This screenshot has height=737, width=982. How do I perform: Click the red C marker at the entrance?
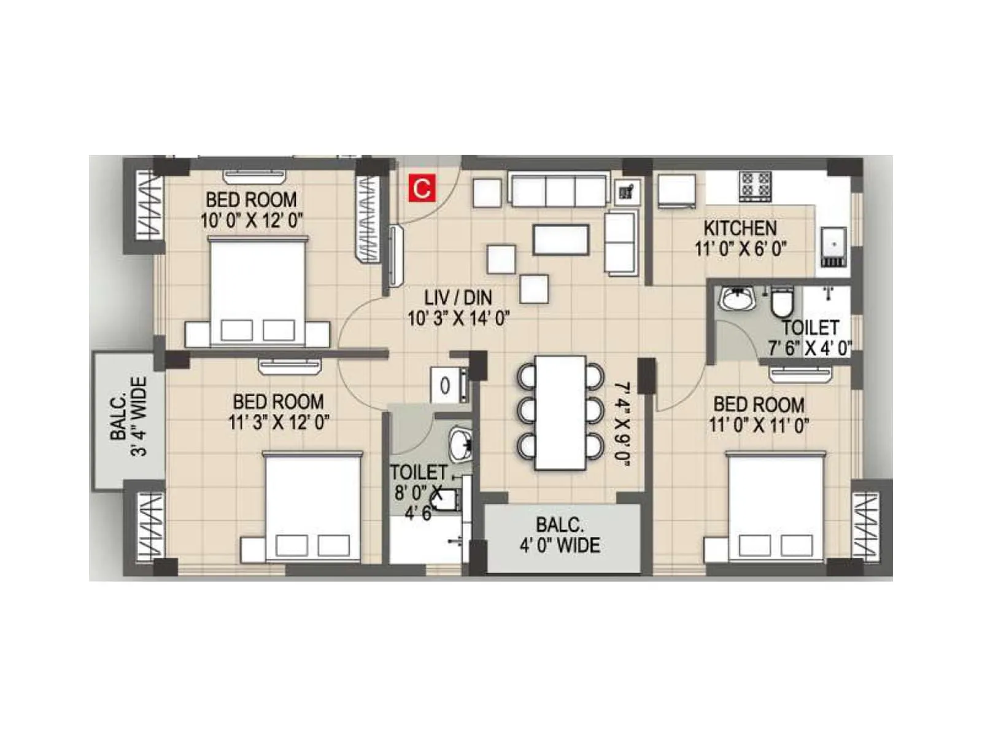[x=422, y=188]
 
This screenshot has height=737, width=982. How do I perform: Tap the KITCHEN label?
[x=740, y=228]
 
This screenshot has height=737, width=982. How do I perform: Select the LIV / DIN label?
[x=458, y=298]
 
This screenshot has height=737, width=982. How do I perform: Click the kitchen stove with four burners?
[x=756, y=185]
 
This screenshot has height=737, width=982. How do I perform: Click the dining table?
[x=560, y=413]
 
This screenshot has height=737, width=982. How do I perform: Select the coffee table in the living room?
[x=561, y=240]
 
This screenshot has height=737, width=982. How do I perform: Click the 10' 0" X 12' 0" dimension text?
[x=252, y=220]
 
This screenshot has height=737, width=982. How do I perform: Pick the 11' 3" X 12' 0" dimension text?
[x=279, y=423]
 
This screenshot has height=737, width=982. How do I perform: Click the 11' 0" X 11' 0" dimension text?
[x=759, y=425]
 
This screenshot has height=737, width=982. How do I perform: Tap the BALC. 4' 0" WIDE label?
[x=560, y=536]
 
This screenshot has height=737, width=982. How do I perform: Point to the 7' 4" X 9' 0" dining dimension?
[x=622, y=424]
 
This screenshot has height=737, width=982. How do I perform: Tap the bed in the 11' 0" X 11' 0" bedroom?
[x=776, y=506]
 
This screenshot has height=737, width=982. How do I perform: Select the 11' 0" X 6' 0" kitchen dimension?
[x=741, y=249]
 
